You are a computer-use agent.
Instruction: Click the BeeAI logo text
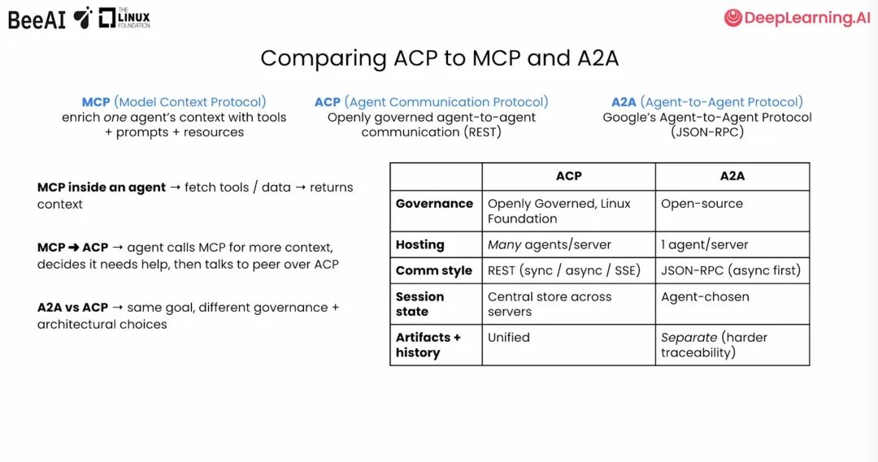(37, 19)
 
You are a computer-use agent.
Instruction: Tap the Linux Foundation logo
(124, 18)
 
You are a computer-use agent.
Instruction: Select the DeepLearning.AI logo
(797, 19)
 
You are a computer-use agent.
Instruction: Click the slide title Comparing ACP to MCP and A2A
(438, 58)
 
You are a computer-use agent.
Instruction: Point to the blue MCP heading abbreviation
(96, 102)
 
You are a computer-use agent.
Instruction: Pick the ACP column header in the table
(568, 176)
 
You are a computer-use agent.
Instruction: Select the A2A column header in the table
(732, 176)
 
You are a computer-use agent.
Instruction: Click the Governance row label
(434, 204)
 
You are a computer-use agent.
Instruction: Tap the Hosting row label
(419, 244)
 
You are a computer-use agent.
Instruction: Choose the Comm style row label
(433, 270)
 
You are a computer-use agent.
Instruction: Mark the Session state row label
(419, 304)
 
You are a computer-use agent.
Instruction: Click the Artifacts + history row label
(428, 344)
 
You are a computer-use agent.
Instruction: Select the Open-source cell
(702, 204)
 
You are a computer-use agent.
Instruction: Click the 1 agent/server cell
(704, 244)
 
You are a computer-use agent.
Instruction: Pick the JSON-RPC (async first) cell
(730, 270)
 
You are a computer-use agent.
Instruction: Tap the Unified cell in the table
(508, 337)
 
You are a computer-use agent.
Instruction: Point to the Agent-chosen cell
(705, 296)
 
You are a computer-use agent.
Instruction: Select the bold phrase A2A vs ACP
(72, 308)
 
